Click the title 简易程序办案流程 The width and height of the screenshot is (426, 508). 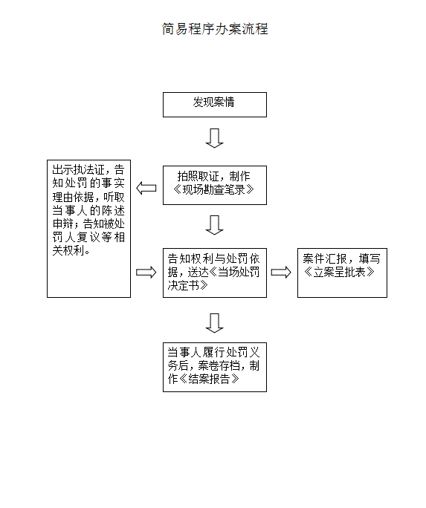tap(215, 29)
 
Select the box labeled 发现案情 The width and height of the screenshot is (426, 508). tap(215, 105)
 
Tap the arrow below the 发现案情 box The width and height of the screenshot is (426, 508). tap(215, 138)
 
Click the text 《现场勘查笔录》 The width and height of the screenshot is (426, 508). tap(213, 189)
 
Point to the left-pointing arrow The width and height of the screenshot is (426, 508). tap(146, 188)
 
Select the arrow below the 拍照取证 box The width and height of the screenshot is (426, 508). tap(215, 225)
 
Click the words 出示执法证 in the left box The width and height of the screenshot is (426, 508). tap(79, 169)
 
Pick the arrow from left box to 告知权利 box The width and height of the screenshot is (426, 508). tap(146, 272)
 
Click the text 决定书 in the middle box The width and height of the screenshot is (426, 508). tap(183, 285)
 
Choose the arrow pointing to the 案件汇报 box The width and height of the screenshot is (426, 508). tap(281, 272)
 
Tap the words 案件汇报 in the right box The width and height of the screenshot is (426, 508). tap(325, 258)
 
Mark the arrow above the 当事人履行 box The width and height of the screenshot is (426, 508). tap(215, 323)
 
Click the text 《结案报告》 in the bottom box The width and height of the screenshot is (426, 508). tap(209, 379)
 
